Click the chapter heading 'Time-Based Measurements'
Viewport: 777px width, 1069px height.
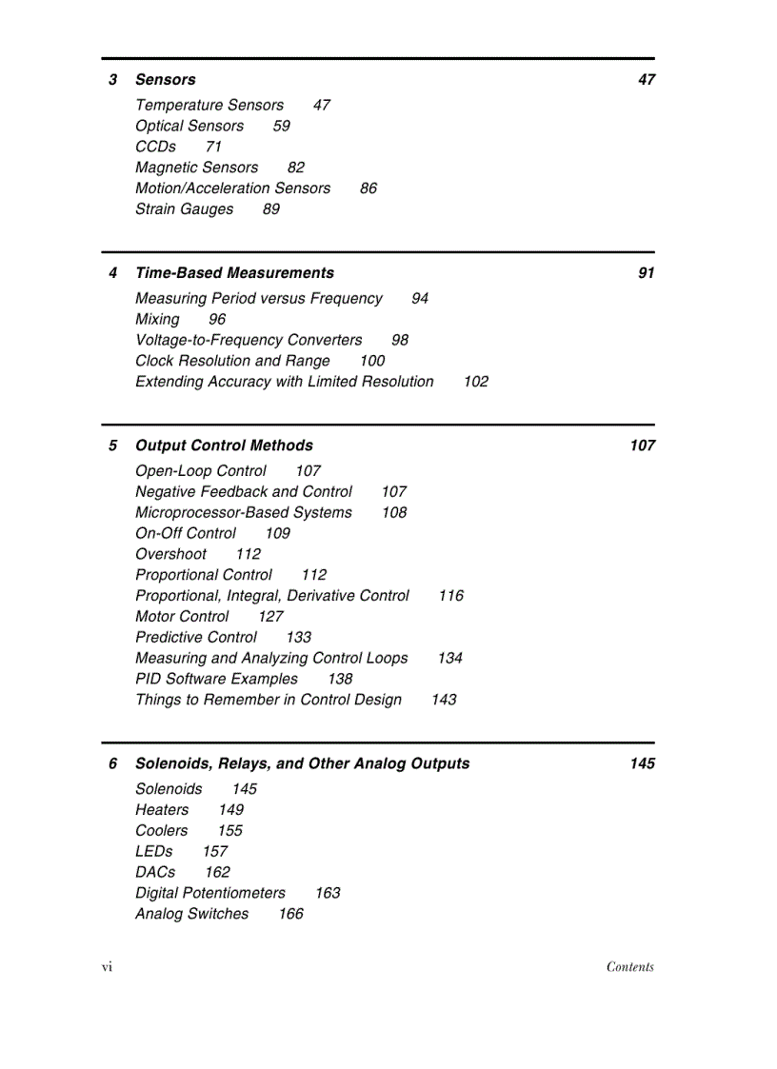[x=234, y=273]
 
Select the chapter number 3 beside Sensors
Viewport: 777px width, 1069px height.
[x=112, y=80]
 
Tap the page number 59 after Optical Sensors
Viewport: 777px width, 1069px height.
[x=281, y=126]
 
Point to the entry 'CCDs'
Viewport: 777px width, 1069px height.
[x=155, y=147]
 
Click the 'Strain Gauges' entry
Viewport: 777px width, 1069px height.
[x=184, y=209]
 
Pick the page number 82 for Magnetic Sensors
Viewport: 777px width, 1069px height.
[x=296, y=168]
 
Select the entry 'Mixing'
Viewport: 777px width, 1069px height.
[x=157, y=320]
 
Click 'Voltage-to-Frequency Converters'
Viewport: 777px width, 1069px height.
[x=249, y=341]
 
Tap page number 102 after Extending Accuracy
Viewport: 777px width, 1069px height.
[x=475, y=382]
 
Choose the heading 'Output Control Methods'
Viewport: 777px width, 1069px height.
[x=224, y=445]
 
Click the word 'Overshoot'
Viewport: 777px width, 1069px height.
[x=170, y=554]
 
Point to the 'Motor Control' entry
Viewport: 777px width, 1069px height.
[x=182, y=617]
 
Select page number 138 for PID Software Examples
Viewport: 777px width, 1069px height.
[x=339, y=680]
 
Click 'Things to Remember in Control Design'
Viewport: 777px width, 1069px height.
[x=269, y=701]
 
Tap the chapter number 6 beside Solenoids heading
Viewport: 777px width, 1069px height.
[x=112, y=763]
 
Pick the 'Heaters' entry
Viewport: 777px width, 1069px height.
[x=162, y=810]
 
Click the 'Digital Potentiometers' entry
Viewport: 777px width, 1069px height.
[x=210, y=894]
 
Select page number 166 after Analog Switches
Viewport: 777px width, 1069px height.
[x=290, y=915]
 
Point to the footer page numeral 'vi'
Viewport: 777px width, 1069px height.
[x=107, y=967]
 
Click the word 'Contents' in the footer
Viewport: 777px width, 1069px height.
[x=629, y=967]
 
